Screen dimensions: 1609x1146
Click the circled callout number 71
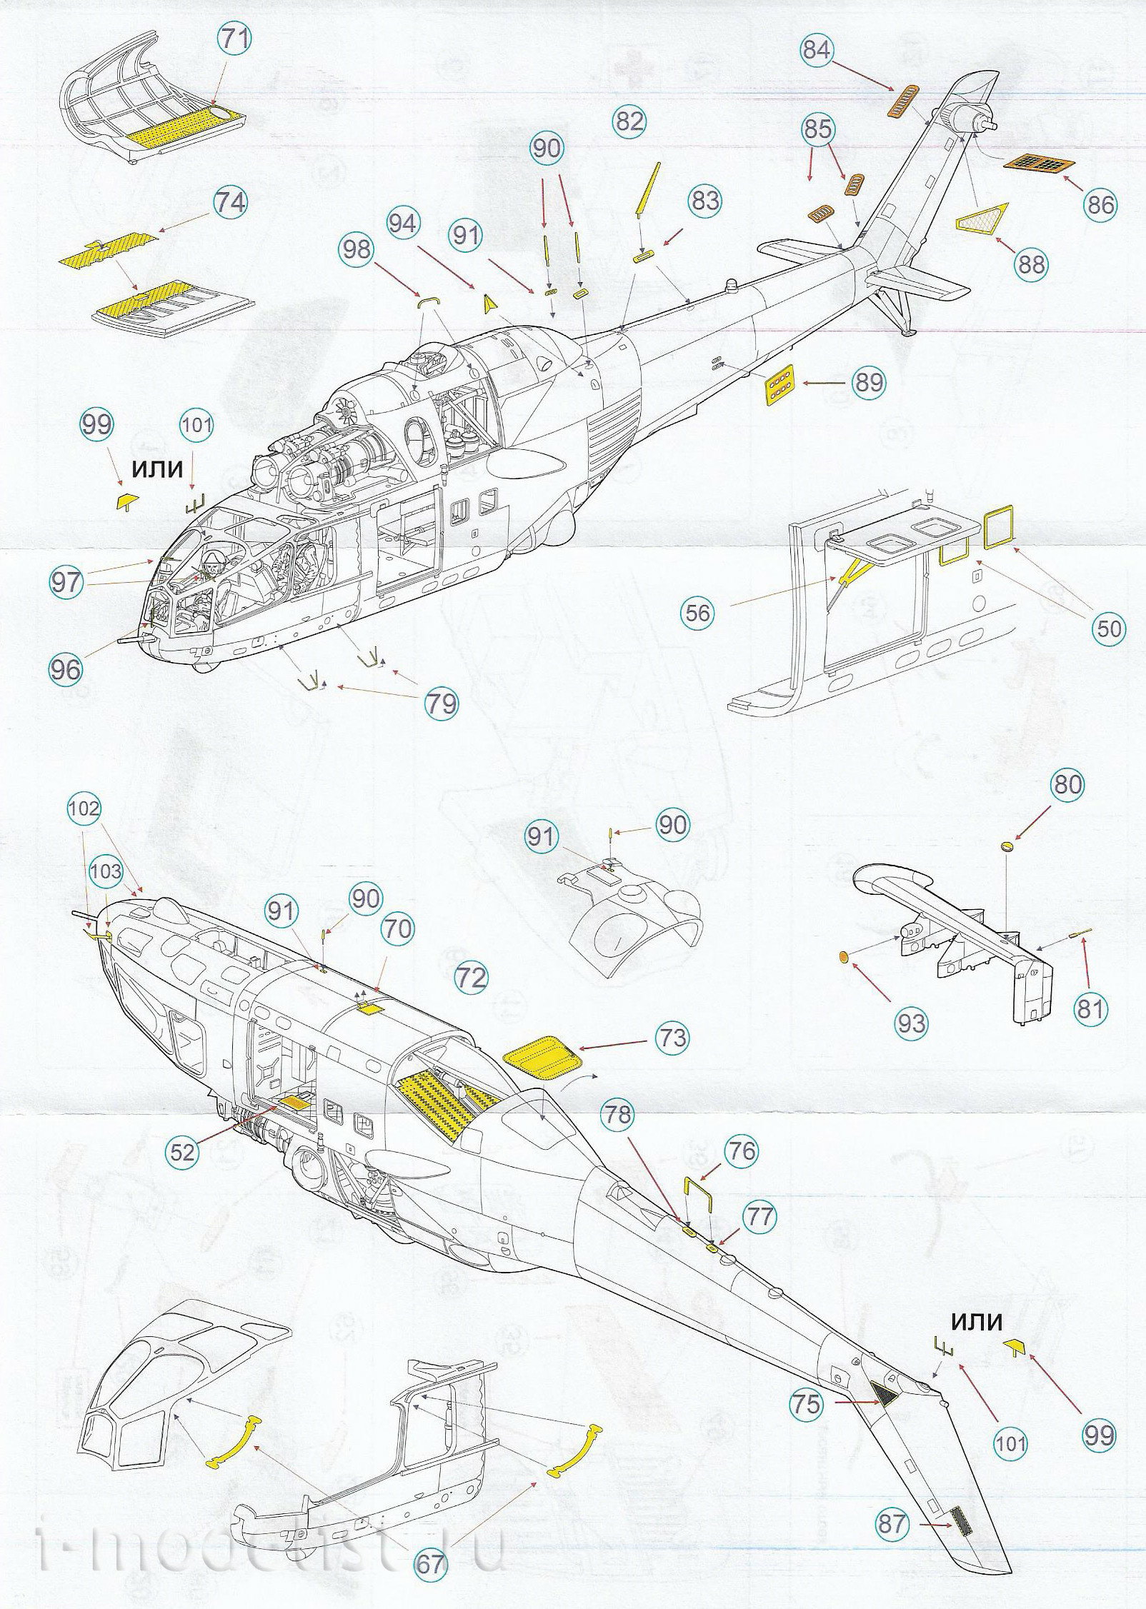pos(235,41)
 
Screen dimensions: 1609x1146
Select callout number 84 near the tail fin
pos(817,50)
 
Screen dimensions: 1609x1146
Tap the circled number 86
pos(1100,205)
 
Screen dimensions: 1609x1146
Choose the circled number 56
pos(698,612)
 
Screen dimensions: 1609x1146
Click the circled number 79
pos(440,703)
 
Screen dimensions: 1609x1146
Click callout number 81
pos(1090,1009)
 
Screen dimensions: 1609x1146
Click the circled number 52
pos(182,1152)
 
